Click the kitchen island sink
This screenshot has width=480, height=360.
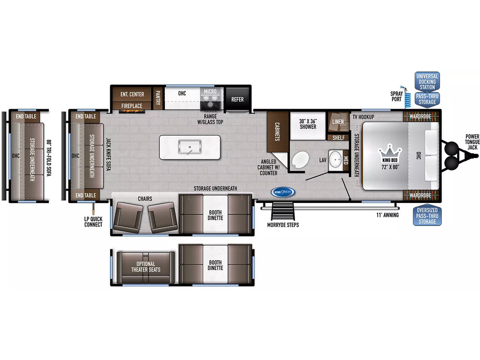click(189, 147)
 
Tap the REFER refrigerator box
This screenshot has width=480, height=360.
click(238, 99)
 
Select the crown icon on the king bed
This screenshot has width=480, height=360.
click(390, 150)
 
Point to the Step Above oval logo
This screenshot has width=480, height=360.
click(283, 192)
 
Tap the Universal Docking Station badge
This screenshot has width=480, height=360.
click(427, 82)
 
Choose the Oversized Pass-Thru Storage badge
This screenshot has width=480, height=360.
click(427, 216)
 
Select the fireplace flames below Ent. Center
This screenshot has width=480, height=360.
click(132, 111)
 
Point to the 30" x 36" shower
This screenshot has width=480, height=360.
click(307, 126)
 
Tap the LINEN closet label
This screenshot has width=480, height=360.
click(338, 121)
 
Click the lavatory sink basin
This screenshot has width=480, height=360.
click(336, 159)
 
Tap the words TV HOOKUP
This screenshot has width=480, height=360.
click(363, 117)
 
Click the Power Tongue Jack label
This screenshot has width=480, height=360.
click(472, 142)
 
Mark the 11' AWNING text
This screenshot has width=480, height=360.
click(388, 215)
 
